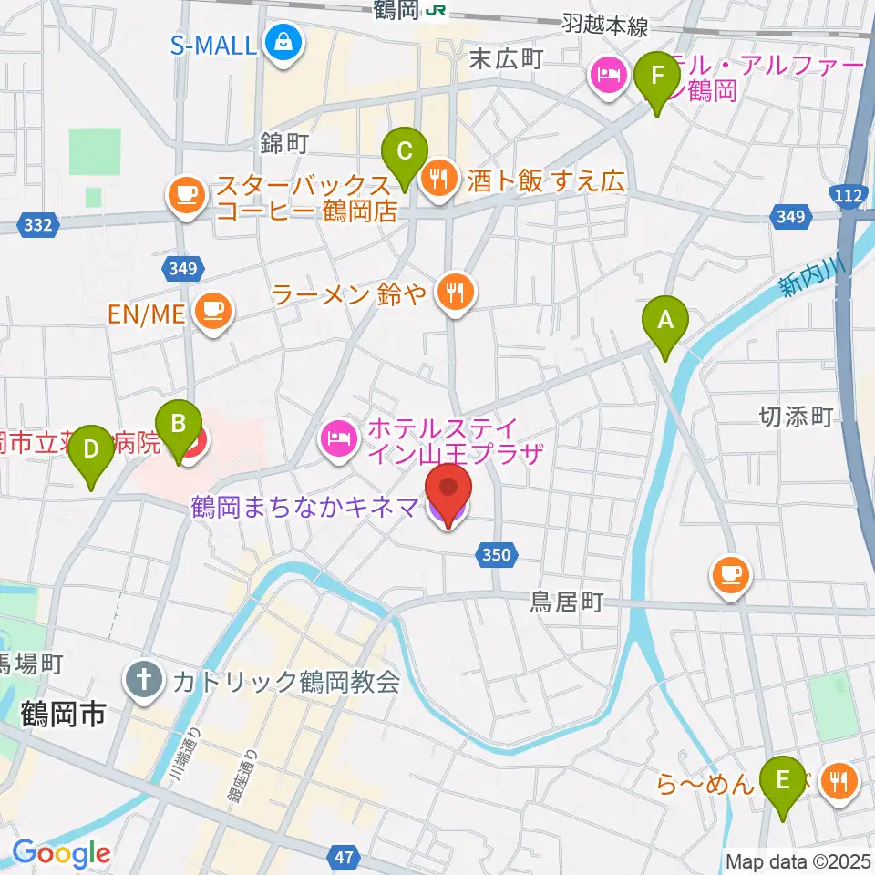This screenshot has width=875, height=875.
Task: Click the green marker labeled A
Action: click(664, 321)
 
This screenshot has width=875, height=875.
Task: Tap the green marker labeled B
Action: click(179, 423)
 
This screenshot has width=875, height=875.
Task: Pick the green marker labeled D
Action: click(91, 449)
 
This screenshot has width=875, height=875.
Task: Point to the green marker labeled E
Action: click(781, 780)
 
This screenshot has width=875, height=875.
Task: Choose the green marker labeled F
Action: click(656, 76)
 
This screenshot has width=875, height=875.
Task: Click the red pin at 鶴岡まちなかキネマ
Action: click(448, 492)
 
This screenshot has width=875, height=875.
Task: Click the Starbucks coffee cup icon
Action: click(187, 194)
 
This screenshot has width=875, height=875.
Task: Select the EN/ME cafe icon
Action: click(214, 313)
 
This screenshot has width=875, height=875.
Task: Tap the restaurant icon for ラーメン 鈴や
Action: click(453, 293)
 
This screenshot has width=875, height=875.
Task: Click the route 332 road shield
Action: click(37, 223)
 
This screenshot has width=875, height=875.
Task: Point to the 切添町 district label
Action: click(796, 417)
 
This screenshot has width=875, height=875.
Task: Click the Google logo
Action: click(61, 853)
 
